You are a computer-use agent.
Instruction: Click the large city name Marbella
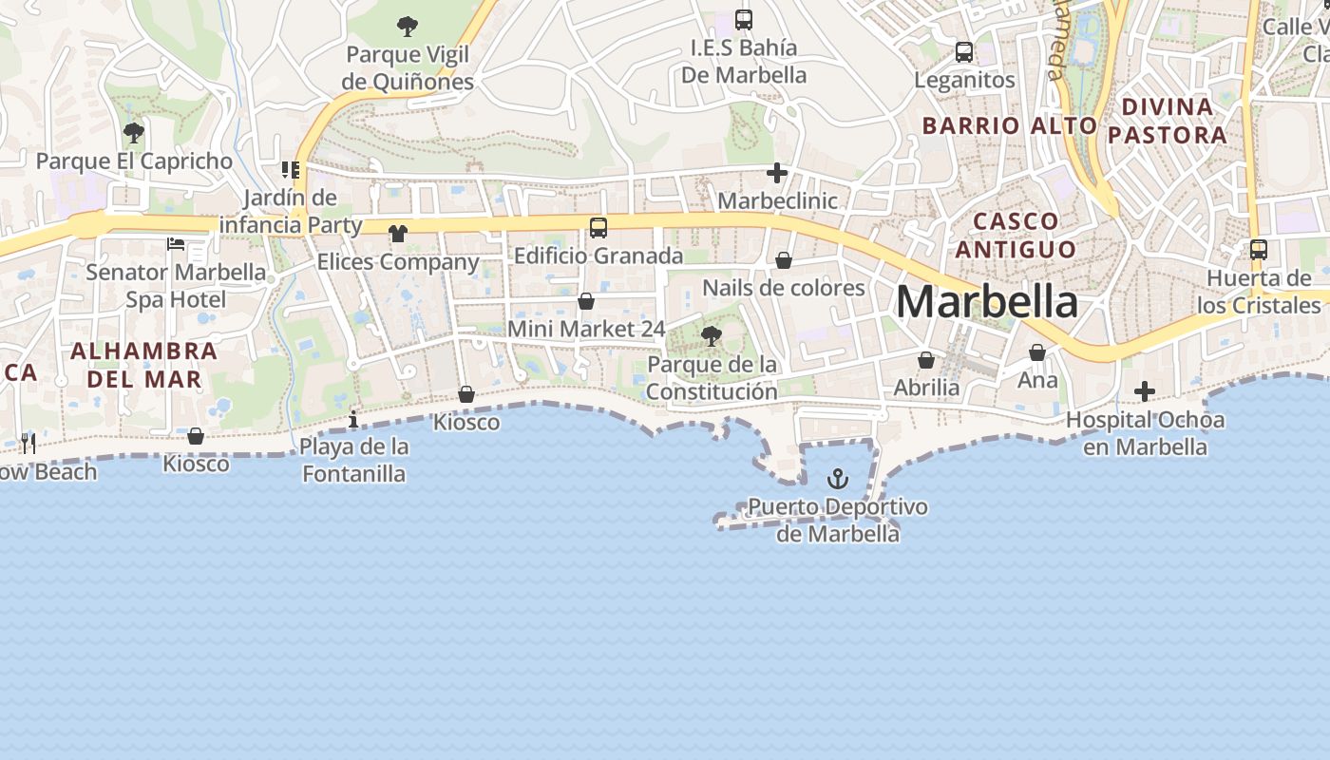pos(986,302)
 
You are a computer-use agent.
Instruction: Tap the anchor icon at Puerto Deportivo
pos(837,479)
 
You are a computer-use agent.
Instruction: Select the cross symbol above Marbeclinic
pos(777,173)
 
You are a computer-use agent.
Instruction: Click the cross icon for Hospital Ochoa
pos(1145,391)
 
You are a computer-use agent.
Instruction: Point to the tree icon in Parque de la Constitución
pos(710,335)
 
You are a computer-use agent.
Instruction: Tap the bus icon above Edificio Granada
pos(598,228)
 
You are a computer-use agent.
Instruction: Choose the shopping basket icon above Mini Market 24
pos(586,301)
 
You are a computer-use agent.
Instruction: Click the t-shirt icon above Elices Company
pos(397,234)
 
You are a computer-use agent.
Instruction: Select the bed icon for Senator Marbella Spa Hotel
pos(176,244)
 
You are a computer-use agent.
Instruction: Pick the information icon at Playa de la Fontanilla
pos(353,418)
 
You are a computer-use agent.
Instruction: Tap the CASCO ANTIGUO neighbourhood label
pos(1016,235)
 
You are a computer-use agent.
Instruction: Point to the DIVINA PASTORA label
pos(1168,121)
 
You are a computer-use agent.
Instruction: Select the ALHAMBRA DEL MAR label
pos(144,365)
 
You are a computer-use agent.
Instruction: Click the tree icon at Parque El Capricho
pos(134,133)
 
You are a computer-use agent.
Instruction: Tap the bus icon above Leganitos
pos(964,52)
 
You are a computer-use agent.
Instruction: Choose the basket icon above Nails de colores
pos(784,260)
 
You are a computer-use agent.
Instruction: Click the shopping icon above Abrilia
pos(926,361)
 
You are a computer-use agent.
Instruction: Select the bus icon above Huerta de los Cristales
pos(1259,250)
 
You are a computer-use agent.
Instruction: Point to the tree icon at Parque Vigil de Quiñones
pos(408,26)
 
